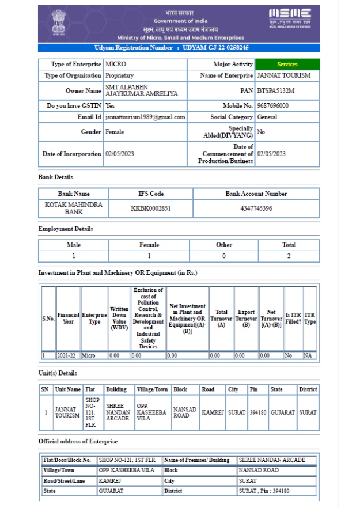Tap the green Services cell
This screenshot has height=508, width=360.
[x=287, y=65]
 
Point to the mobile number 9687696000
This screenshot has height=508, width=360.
[x=273, y=106]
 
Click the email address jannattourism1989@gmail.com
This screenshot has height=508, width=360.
[x=145, y=117]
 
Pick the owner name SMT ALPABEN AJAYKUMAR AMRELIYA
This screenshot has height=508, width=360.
[x=134, y=90]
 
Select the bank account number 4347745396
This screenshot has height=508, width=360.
[x=256, y=208]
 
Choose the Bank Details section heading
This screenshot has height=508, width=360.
[x=55, y=176]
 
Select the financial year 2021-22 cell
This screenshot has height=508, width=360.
[x=68, y=356]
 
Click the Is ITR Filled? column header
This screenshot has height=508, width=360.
[x=292, y=317]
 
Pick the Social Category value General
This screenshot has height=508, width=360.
[x=267, y=117]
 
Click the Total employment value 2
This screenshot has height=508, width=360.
[x=289, y=255]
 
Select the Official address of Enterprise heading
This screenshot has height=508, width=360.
[x=78, y=442]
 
